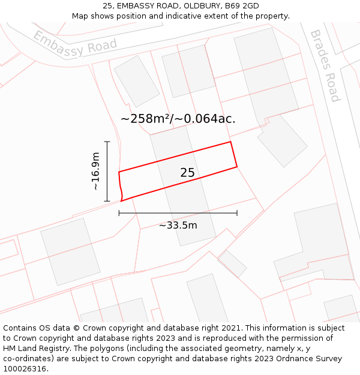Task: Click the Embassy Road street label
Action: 75,44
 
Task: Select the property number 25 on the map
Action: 187,173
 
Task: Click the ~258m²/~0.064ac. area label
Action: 178,119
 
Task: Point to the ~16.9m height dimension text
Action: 95,172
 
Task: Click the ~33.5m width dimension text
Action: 178,226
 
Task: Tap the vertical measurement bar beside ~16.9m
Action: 107,172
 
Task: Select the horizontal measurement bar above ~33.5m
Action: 178,213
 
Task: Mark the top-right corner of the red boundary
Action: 231,142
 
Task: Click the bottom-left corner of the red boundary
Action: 122,201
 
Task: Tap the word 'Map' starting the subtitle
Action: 80,16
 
